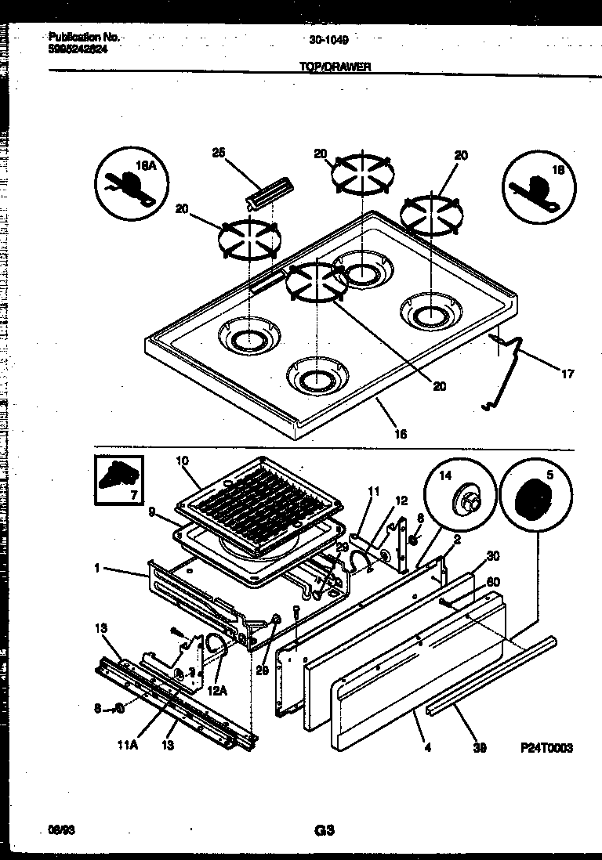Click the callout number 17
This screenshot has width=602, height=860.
tap(568, 374)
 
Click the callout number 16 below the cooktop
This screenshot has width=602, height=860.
tap(401, 433)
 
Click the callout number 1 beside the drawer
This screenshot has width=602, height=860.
tap(96, 568)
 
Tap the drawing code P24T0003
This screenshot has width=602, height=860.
tap(546, 748)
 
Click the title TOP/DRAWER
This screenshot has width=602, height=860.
tap(335, 67)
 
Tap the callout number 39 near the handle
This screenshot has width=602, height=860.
tap(479, 748)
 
